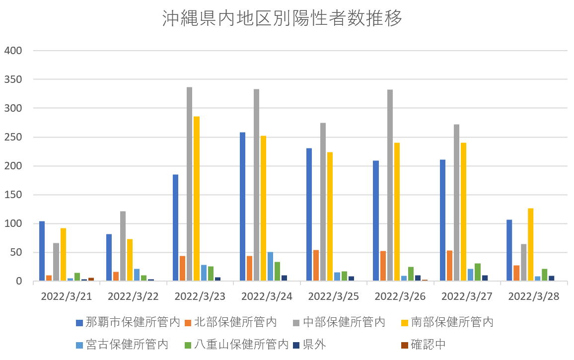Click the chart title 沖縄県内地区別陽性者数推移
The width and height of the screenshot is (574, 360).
click(282, 19)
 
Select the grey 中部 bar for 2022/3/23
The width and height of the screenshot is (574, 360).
click(189, 184)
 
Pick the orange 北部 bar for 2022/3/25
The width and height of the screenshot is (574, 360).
click(316, 266)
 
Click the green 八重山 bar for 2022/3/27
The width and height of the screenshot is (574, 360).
click(477, 272)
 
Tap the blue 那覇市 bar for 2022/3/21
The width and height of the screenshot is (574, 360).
click(42, 251)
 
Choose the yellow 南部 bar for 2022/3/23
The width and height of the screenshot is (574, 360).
click(196, 199)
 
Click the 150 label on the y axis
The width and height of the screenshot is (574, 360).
click(14, 195)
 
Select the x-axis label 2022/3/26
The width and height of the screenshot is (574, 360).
click(400, 297)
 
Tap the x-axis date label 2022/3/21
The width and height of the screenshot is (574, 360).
click(67, 297)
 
